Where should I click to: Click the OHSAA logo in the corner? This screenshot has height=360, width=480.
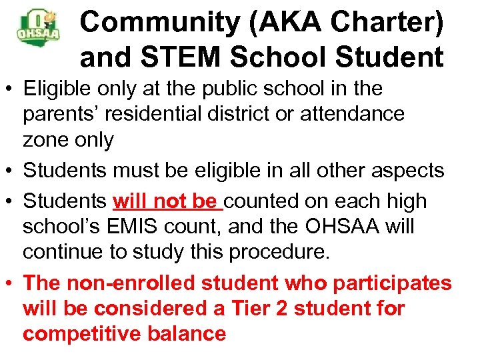[38, 27]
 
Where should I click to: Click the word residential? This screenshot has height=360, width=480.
[167, 114]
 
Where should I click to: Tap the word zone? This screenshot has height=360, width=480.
[46, 140]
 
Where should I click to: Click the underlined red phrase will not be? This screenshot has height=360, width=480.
[166, 201]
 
